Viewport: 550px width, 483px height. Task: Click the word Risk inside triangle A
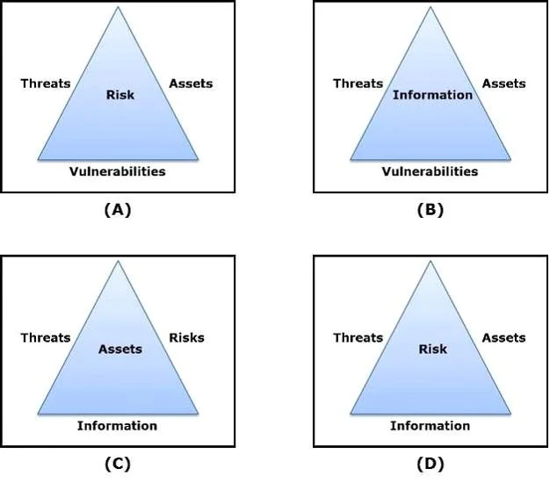(120, 95)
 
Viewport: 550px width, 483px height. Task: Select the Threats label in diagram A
(46, 83)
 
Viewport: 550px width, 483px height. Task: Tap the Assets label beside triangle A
(191, 83)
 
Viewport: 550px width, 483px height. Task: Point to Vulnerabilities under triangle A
(118, 171)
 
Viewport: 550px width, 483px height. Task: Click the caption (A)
(118, 210)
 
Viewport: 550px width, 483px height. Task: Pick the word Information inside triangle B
(432, 95)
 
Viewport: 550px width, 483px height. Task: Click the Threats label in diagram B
(358, 83)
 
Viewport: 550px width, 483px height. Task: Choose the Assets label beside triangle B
(503, 83)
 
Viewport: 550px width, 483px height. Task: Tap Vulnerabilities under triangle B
(430, 171)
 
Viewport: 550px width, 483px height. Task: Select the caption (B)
(431, 210)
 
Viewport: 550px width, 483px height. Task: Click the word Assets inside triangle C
(120, 350)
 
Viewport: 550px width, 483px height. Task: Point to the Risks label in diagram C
(186, 337)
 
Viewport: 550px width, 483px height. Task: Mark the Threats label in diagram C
(46, 337)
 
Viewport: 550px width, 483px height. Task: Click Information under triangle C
(117, 426)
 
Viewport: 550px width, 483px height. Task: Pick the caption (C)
(118, 464)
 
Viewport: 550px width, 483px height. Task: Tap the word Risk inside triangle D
(433, 350)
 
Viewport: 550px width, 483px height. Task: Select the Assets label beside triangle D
(503, 337)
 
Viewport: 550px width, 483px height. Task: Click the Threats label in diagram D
(358, 337)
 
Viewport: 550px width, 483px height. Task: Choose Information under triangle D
(430, 426)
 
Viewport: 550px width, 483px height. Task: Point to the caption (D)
(431, 464)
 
